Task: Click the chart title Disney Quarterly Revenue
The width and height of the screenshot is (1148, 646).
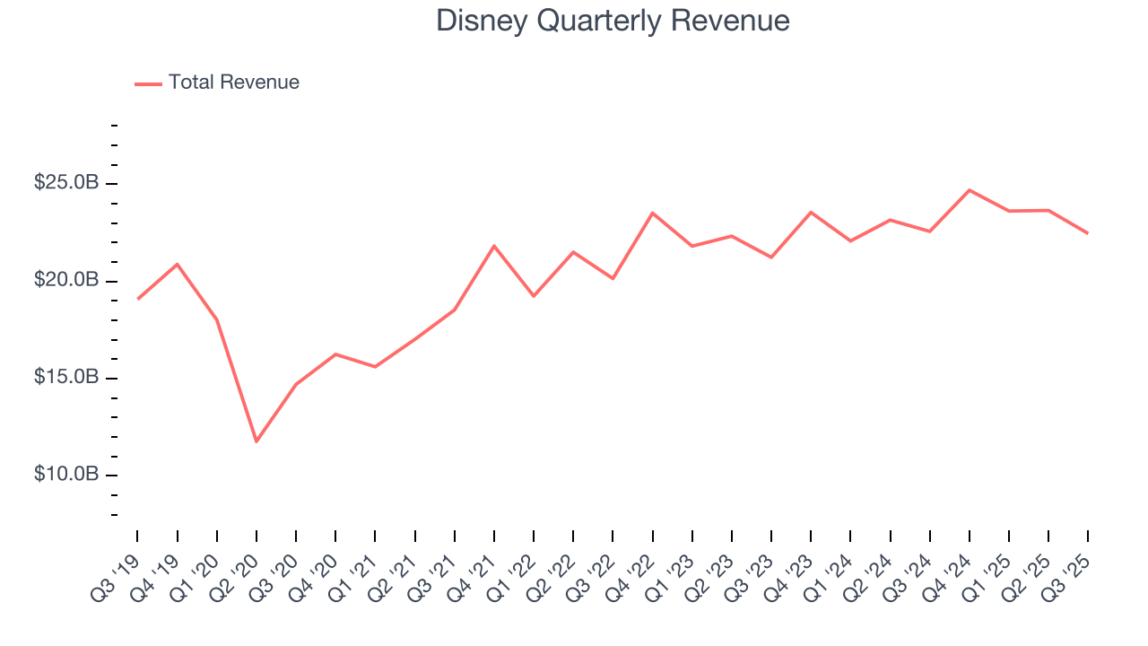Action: [613, 21]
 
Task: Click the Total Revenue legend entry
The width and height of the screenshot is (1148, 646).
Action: [233, 83]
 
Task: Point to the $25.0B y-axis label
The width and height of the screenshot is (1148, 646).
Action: [65, 183]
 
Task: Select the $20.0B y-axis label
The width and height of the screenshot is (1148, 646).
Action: [65, 280]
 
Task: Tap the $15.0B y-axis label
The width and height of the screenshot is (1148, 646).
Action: [65, 377]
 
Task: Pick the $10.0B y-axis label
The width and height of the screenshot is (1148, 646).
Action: [65, 474]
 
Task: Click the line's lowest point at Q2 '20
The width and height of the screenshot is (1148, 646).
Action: [257, 441]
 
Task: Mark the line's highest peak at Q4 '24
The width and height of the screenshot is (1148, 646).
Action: [970, 190]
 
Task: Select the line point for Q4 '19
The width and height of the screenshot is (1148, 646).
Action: [177, 264]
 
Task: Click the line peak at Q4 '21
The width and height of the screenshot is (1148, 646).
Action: [494, 246]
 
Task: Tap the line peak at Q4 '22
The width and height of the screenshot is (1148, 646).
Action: [653, 213]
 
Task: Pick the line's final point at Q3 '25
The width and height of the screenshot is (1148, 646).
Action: [1088, 233]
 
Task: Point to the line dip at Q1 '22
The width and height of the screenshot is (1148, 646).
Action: [534, 295]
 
